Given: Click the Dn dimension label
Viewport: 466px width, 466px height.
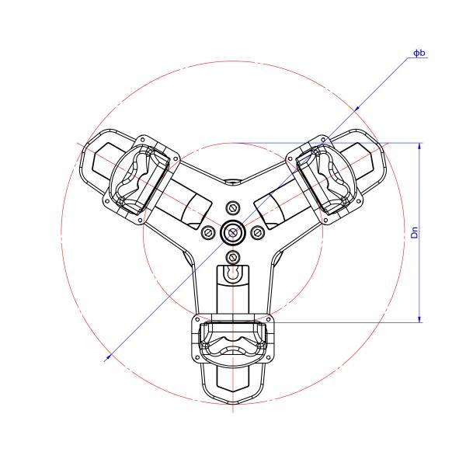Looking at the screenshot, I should point(415,231).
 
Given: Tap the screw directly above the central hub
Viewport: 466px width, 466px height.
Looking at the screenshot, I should point(233,207).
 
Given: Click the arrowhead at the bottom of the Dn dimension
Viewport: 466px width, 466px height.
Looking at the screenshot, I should point(420,318).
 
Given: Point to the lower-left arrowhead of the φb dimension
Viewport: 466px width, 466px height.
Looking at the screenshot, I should point(109,355).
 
